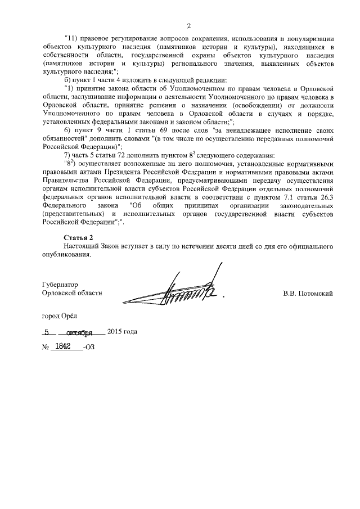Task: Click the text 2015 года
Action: click(122, 331)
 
